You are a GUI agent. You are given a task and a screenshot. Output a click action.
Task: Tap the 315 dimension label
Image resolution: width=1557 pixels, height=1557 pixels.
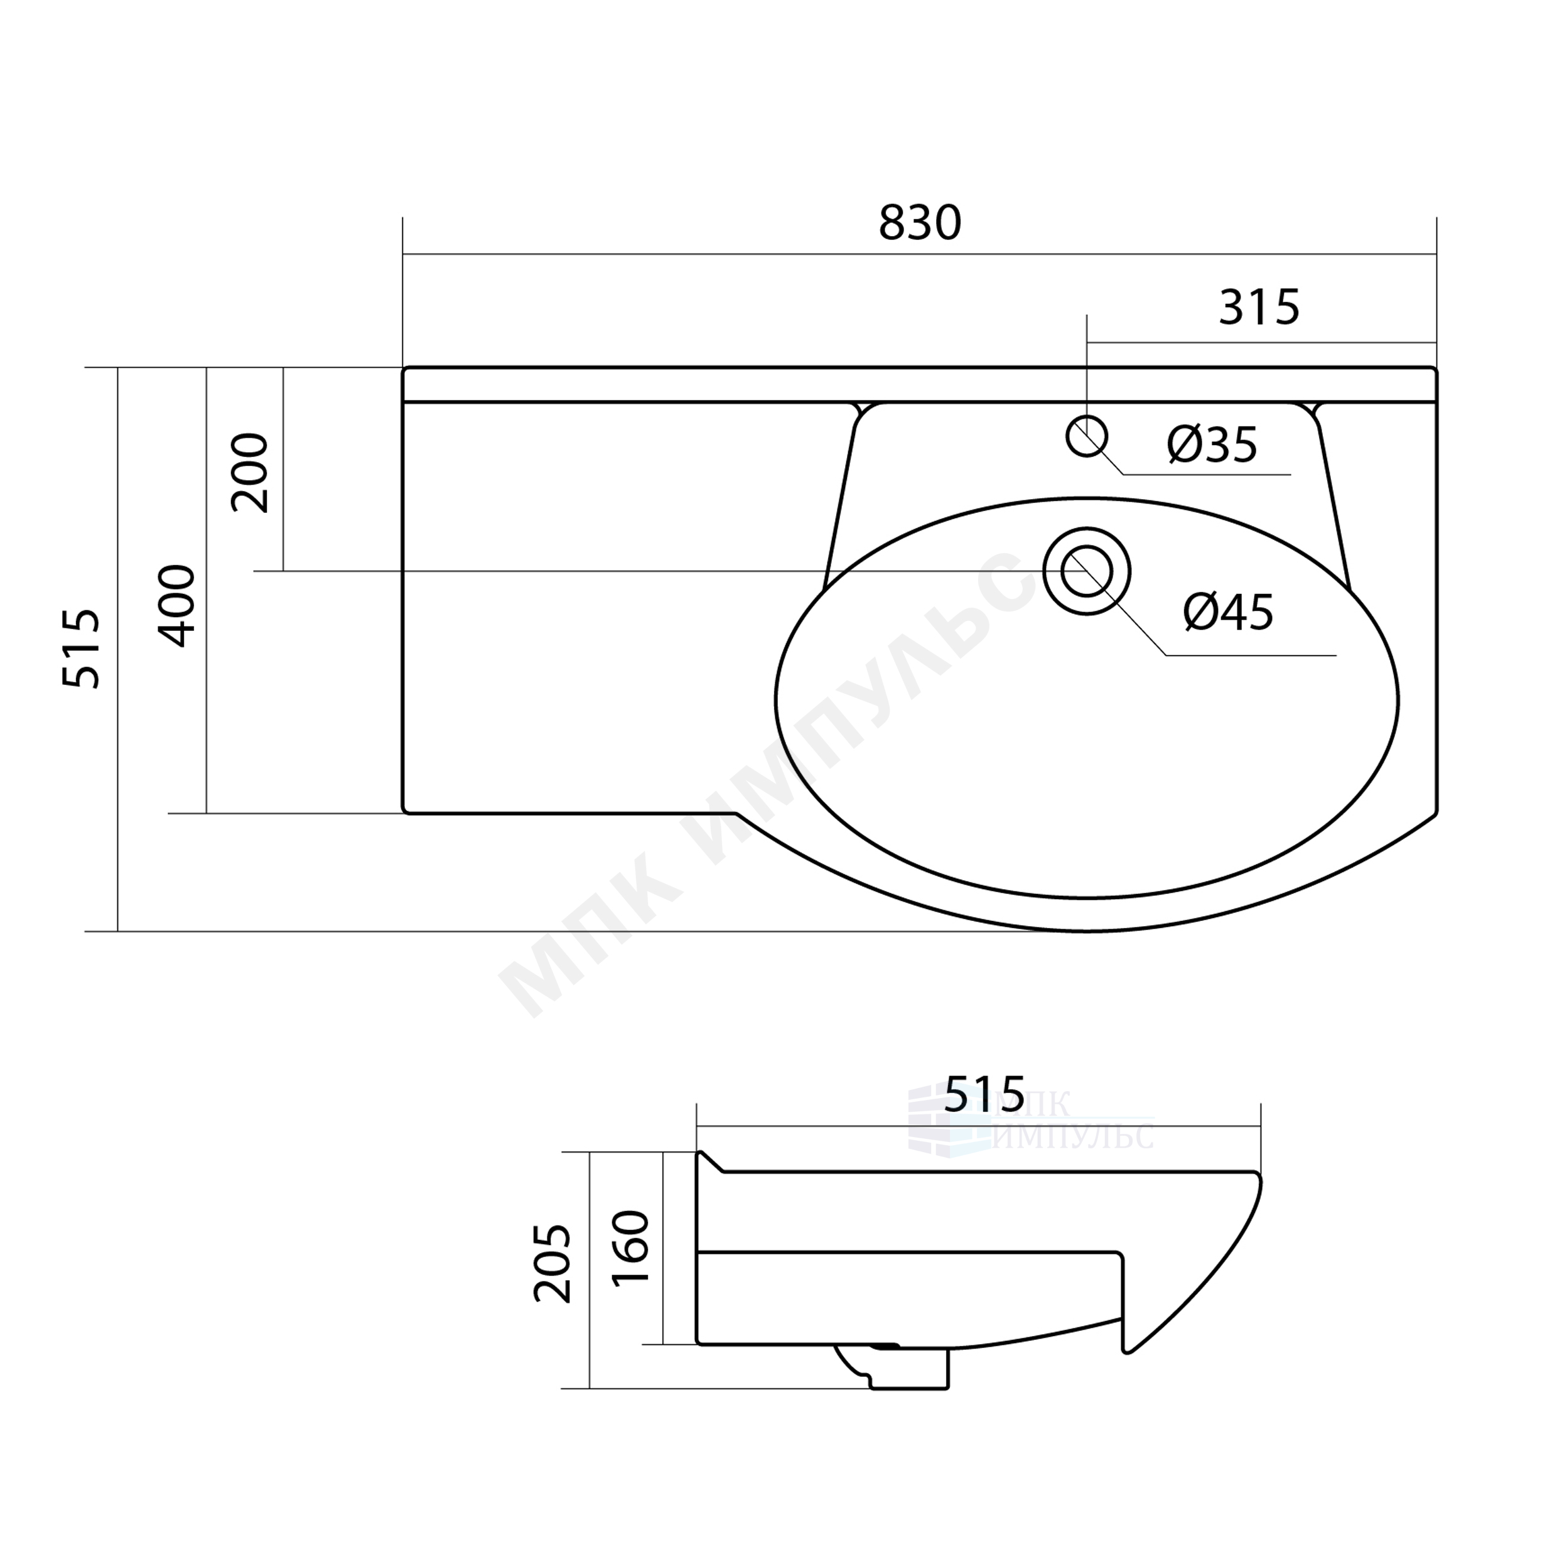point(1259,307)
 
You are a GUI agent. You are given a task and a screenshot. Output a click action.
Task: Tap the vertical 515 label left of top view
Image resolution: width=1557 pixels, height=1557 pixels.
point(82,649)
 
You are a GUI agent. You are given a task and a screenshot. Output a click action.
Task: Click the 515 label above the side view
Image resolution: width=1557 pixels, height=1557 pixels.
point(984,1094)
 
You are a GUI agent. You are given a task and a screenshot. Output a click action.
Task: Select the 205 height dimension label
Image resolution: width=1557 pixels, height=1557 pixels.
point(553,1264)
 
